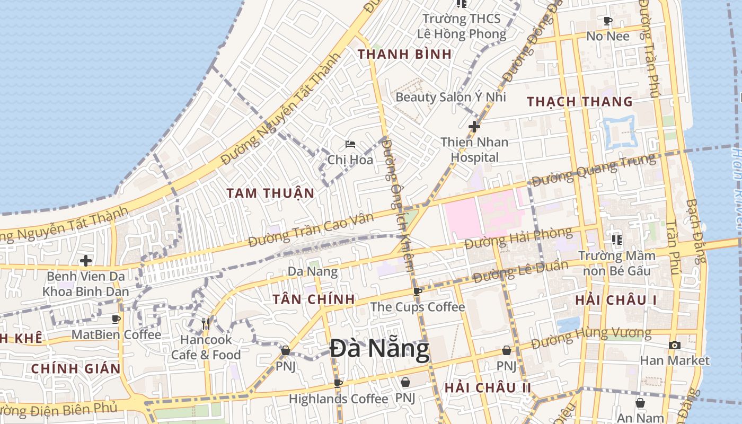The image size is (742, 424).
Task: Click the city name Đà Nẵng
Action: coord(379,349)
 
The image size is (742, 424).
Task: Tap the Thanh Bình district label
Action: coord(405,54)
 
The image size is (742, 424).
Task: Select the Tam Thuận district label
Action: coord(271,193)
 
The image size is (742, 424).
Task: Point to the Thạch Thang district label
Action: coord(580,102)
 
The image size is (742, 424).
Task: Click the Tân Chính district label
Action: coord(314,299)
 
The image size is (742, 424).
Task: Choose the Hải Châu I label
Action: coord(616,301)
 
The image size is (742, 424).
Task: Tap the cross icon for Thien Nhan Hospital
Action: coord(474,127)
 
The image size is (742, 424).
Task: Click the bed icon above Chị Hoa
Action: coord(350,144)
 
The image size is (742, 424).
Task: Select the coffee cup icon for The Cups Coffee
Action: coord(418,291)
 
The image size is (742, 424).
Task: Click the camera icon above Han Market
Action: coord(674,346)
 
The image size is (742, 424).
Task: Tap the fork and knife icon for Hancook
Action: coord(206,323)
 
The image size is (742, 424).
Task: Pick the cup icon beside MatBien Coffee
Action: coord(116,319)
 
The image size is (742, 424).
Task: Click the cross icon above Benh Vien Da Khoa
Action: coord(85,261)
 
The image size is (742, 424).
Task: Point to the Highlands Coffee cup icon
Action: coord(338,383)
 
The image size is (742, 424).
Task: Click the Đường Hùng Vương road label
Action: coord(591,338)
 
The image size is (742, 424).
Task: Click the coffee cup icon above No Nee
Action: coord(607,21)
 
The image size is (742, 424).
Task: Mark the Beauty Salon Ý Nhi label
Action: coord(450,97)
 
